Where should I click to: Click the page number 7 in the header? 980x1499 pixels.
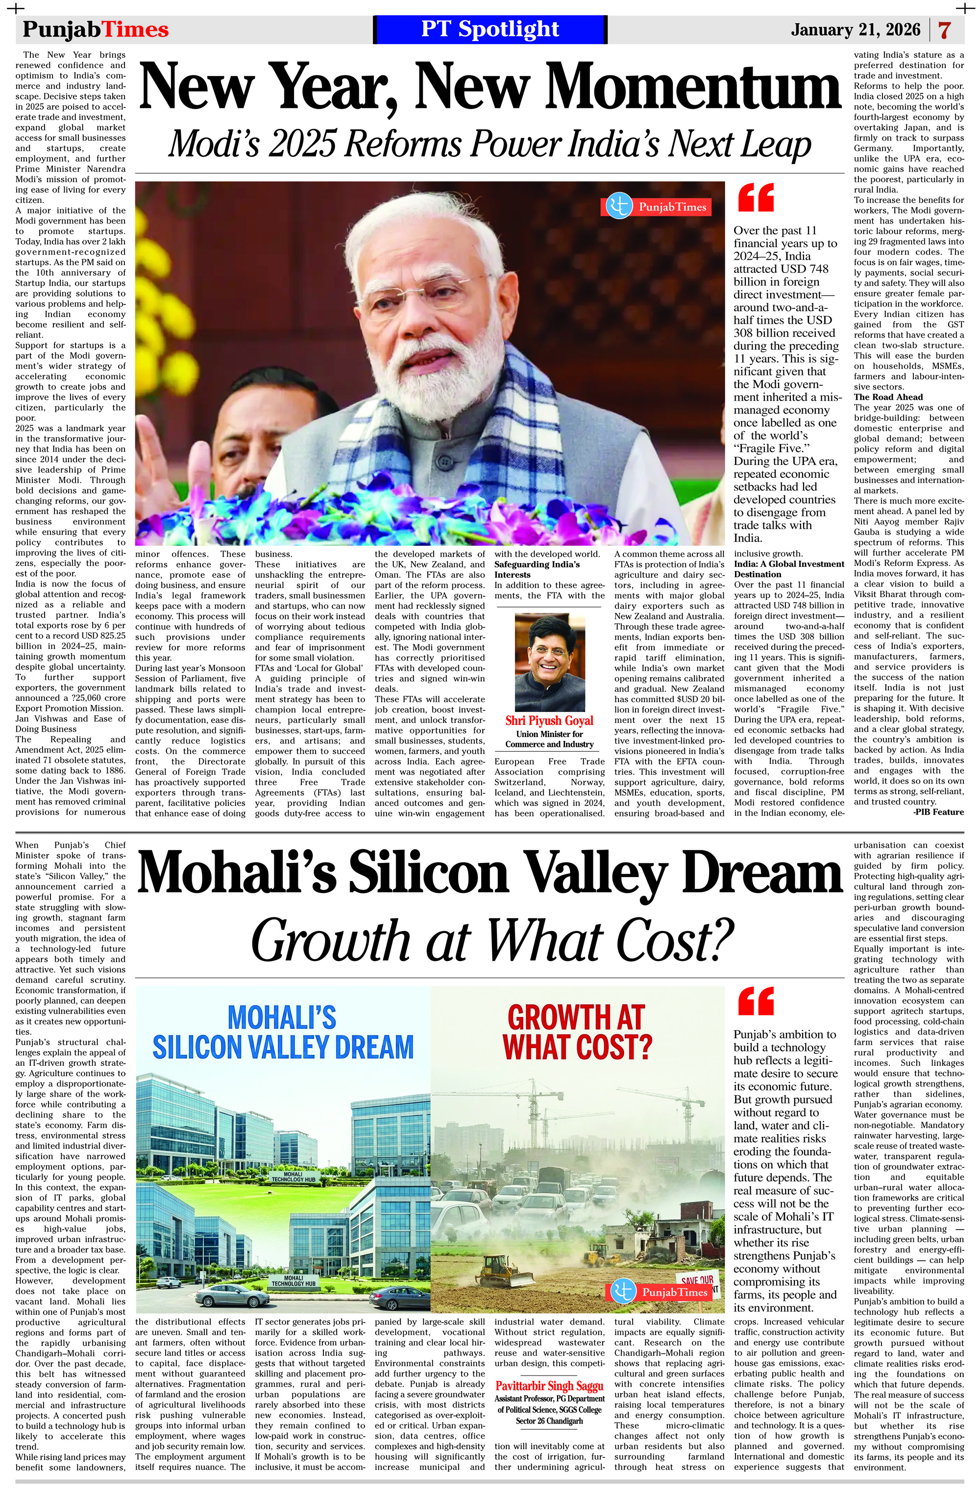944,30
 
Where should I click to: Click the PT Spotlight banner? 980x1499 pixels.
490,29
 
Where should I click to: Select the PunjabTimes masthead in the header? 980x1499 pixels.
96,29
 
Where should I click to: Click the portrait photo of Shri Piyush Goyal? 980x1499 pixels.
549,662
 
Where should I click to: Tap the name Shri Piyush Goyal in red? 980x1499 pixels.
549,720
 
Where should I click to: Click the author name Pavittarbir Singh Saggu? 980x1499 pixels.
549,1386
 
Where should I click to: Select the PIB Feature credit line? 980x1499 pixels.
938,812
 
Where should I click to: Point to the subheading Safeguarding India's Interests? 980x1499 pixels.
537,569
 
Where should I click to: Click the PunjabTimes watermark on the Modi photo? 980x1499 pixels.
657,207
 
